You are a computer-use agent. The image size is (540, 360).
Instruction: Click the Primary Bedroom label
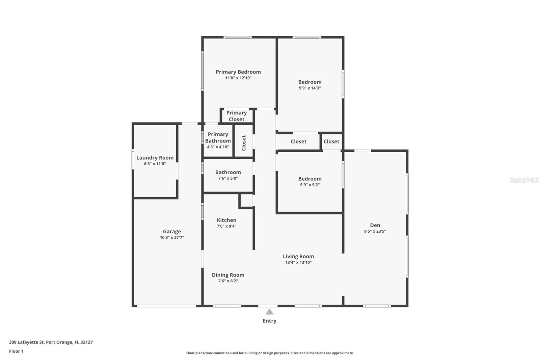[238, 72]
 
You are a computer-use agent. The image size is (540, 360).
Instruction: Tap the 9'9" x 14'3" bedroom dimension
[310, 88]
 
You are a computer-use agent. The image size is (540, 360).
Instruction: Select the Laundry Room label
[155, 158]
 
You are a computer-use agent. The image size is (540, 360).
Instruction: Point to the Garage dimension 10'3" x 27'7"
[172, 237]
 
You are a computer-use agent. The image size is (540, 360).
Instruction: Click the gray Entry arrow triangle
[270, 312]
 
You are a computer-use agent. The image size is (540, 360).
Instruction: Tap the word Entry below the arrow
[270, 321]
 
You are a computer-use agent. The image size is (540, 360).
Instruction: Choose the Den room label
[375, 225]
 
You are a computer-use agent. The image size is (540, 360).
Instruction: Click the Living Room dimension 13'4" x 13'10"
[298, 262]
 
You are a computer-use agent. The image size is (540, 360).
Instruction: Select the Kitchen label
[226, 220]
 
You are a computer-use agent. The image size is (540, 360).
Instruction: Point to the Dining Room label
[228, 275]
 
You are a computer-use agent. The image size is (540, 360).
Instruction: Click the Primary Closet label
[237, 116]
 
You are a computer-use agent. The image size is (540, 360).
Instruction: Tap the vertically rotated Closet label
[244, 143]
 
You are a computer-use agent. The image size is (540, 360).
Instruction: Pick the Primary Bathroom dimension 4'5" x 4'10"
[218, 147]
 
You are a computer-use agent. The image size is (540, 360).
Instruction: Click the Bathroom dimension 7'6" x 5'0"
[228, 178]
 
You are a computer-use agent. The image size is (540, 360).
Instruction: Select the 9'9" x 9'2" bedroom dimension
[310, 185]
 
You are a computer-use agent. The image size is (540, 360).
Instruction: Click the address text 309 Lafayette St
[27, 342]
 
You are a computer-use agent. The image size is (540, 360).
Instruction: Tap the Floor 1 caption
[17, 351]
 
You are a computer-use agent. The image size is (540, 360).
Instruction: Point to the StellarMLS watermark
[524, 180]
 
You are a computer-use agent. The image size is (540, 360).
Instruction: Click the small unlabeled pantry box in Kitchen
[246, 201]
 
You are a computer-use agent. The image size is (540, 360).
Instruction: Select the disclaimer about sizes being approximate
[270, 353]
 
